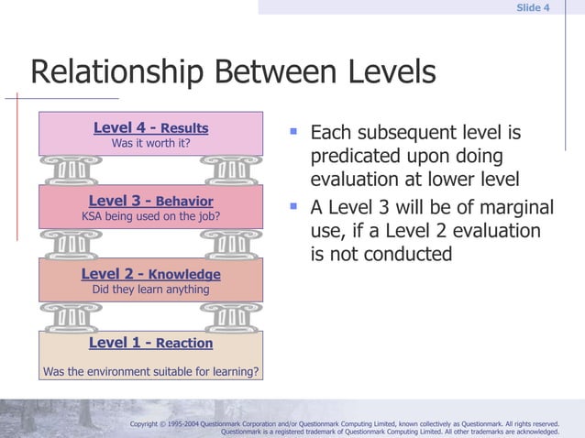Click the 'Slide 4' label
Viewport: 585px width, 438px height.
pos(533,8)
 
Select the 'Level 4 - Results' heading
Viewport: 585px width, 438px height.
pos(150,128)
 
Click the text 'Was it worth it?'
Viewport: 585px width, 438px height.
pos(150,144)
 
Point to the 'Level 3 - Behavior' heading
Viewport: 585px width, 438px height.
pos(150,202)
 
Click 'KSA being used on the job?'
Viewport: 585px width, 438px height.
pos(150,217)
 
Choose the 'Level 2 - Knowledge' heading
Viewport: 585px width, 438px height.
pos(150,274)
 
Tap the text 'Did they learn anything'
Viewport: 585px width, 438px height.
pos(150,290)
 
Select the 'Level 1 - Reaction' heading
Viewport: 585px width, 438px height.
pos(150,343)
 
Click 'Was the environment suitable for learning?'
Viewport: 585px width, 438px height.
pos(150,372)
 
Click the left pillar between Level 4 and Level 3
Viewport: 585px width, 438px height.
pos(71,170)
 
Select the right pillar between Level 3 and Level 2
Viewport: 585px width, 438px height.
pos(230,244)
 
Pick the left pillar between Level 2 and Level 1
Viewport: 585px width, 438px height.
pos(71,316)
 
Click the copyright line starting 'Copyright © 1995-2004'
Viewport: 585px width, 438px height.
pos(344,424)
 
